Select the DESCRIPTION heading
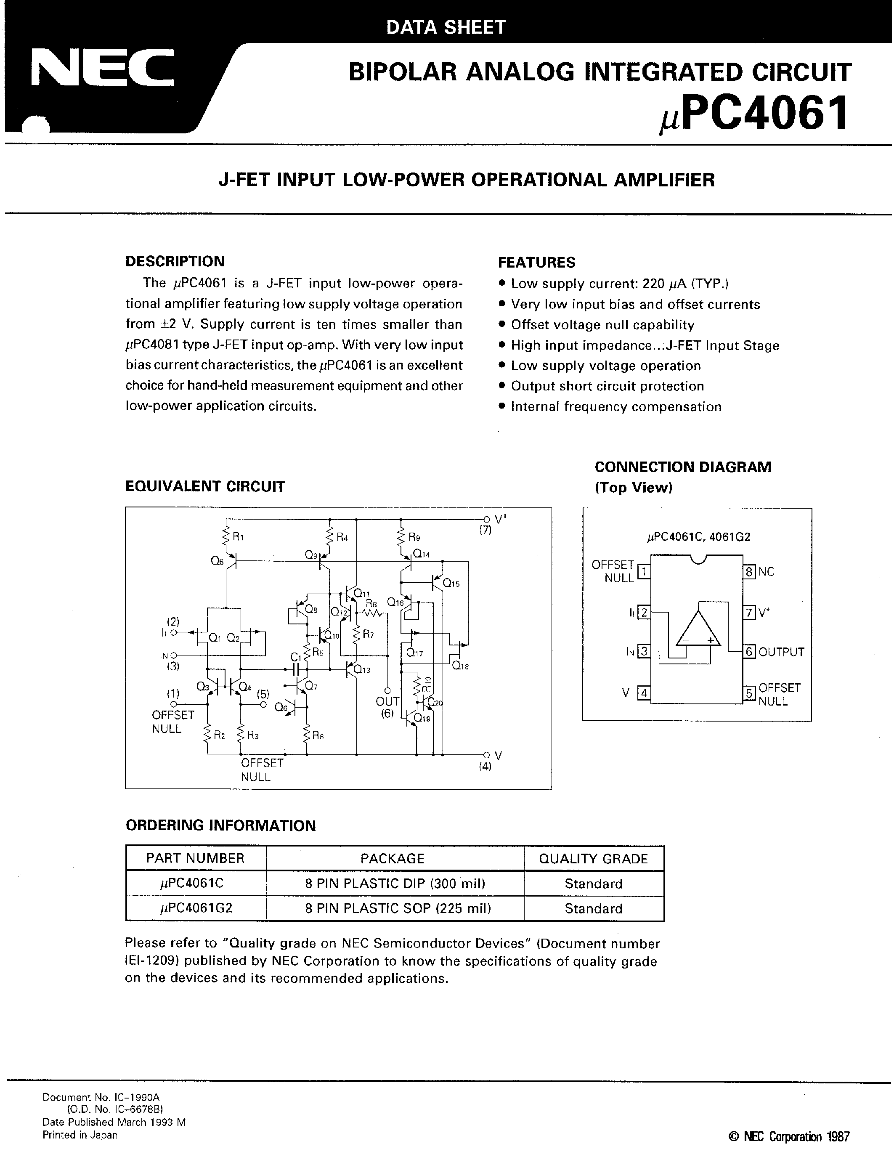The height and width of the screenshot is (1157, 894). coord(175,261)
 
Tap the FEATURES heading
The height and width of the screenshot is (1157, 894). coord(536,262)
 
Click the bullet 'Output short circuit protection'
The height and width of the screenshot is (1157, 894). coord(607,386)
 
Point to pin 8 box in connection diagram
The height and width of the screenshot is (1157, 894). coord(749,572)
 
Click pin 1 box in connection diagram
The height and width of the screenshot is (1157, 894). coord(644,572)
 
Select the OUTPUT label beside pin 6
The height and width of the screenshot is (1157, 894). coord(781,652)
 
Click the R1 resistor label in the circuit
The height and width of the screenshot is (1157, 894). coord(238,537)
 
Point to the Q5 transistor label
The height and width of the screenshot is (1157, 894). coord(217,562)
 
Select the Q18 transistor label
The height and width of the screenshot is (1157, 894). coord(460,666)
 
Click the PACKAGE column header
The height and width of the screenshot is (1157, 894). coord(393,859)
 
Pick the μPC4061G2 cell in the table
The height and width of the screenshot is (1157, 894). coord(196,908)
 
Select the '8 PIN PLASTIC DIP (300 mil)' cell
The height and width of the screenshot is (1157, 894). coord(395,884)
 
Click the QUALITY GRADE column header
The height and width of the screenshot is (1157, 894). coord(593,859)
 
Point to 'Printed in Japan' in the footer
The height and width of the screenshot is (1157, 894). coord(80,1135)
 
